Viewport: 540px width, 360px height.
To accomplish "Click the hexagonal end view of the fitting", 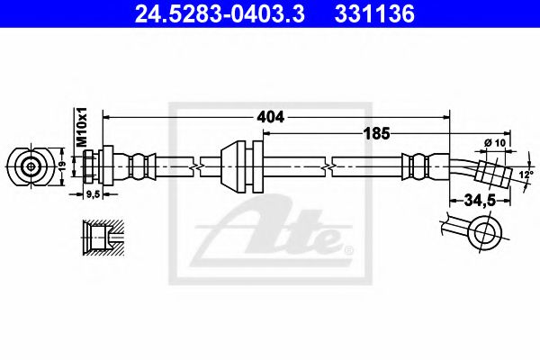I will [x=31, y=166].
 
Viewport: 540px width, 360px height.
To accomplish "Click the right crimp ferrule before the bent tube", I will [x=416, y=166].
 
